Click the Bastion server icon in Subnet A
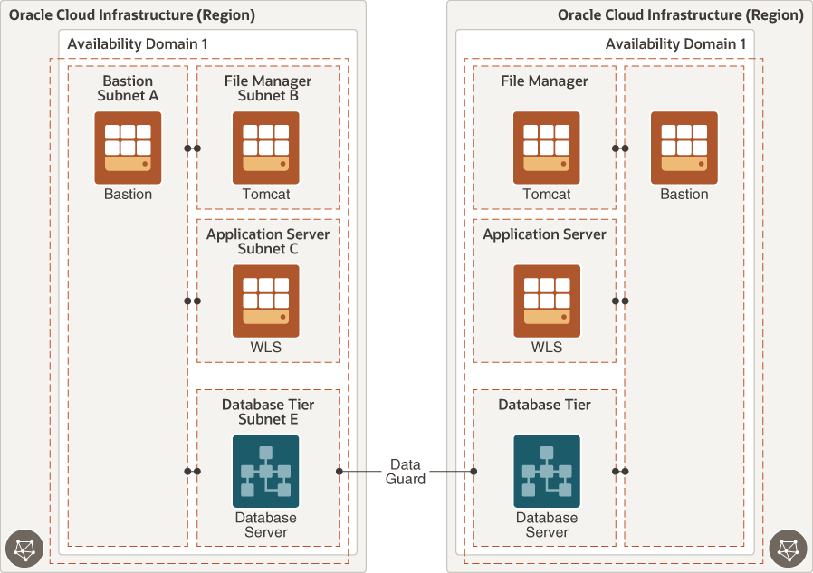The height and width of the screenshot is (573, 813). [128, 148]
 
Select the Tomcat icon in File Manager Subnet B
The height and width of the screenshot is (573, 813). [265, 148]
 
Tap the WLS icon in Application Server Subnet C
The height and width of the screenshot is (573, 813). [265, 301]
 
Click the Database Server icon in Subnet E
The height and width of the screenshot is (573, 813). [265, 472]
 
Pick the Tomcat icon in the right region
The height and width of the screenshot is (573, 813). [546, 148]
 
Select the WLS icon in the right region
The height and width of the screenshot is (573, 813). [546, 301]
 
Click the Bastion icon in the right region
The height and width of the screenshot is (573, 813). [684, 148]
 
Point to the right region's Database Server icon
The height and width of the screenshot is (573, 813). [546, 472]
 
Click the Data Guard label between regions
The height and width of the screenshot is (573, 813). [406, 472]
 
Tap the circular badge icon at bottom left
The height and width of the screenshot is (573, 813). [24, 549]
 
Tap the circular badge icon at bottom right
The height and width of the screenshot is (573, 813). [788, 549]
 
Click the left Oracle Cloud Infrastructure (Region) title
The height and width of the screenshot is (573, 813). [132, 15]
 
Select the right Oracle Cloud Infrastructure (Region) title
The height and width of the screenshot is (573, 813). [680, 15]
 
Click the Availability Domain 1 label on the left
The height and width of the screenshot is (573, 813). [138, 44]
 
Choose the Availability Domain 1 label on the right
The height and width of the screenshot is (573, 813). [675, 44]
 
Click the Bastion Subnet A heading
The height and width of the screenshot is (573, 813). [128, 88]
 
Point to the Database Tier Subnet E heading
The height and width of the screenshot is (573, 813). [267, 412]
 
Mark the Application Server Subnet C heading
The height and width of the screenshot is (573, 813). [267, 241]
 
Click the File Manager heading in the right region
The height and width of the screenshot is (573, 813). [544, 81]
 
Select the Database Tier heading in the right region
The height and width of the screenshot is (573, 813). [544, 405]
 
